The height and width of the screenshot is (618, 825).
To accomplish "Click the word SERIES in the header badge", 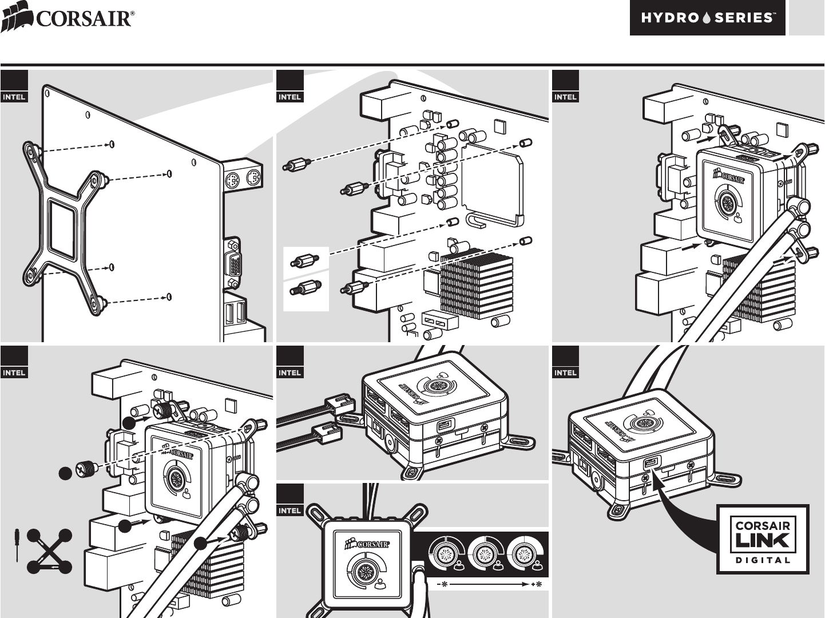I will (745, 18).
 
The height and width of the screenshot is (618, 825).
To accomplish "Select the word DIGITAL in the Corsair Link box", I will (763, 559).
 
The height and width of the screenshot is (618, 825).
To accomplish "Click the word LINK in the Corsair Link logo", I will (763, 540).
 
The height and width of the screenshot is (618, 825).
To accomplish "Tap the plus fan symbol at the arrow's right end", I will (536, 584).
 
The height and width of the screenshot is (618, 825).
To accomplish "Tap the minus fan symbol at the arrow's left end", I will (442, 584).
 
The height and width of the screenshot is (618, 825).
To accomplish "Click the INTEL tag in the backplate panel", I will (14, 97).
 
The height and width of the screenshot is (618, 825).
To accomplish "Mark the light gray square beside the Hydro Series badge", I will (806, 18).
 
